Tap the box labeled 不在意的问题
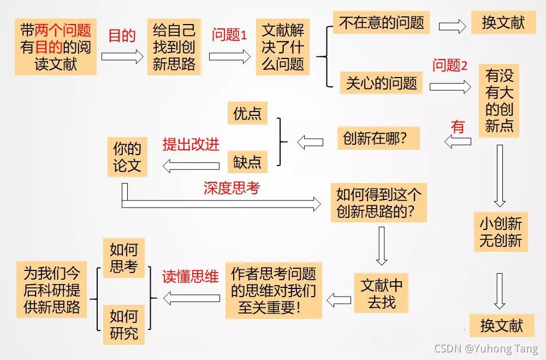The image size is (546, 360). (381, 23)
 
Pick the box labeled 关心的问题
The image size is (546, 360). (381, 83)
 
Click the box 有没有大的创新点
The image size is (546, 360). (500, 101)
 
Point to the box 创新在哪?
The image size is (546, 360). (378, 138)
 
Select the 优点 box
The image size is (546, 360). (247, 114)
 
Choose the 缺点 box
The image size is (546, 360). (247, 162)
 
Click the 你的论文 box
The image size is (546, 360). (127, 158)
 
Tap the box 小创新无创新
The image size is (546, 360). (501, 232)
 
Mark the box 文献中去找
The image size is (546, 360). (382, 293)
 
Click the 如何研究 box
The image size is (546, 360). (124, 324)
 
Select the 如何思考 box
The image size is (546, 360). (124, 258)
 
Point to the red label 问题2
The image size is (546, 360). (450, 66)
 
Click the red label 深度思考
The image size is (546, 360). (232, 188)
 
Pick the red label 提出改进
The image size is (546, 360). (191, 144)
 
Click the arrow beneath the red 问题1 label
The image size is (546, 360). (229, 57)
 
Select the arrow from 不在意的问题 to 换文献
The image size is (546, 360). (455, 26)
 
